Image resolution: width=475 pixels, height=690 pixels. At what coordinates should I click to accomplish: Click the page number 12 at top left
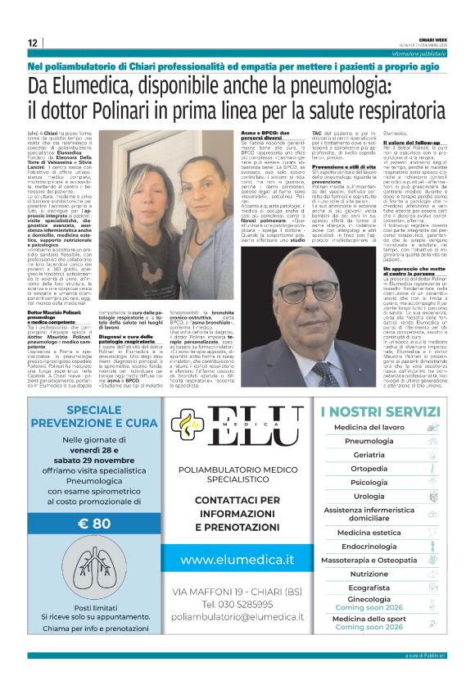point(32,43)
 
